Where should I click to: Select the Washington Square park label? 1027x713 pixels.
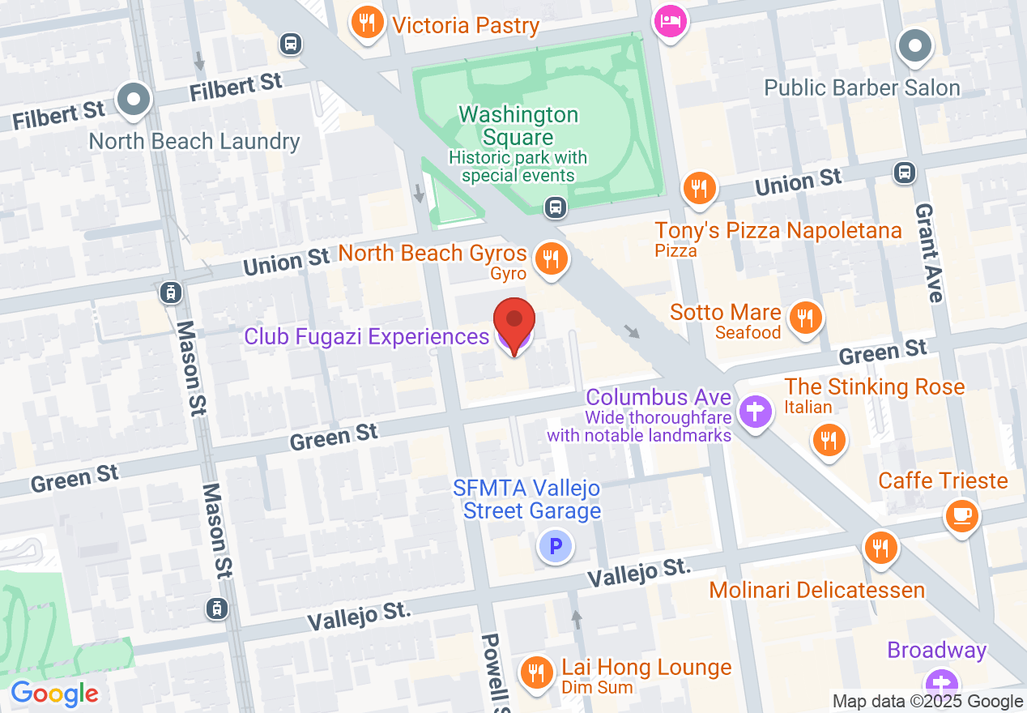pyautogui.click(x=518, y=126)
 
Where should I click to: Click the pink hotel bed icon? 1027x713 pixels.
pyautogui.click(x=671, y=19)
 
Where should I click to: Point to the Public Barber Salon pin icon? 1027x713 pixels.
pyautogui.click(x=916, y=46)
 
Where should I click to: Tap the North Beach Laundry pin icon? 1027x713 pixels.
pyautogui.click(x=134, y=100)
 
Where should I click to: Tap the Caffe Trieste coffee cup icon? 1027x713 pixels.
pyautogui.click(x=961, y=514)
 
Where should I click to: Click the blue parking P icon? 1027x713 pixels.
pyautogui.click(x=556, y=546)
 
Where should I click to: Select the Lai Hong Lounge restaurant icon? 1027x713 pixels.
pyautogui.click(x=535, y=671)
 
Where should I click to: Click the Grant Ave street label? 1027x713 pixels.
pyautogui.click(x=928, y=252)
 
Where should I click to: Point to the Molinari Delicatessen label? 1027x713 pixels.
pyautogui.click(x=816, y=590)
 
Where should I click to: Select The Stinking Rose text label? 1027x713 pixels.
pyautogui.click(x=875, y=386)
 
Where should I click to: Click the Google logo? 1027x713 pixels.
pyautogui.click(x=54, y=694)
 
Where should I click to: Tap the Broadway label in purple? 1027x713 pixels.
pyautogui.click(x=936, y=651)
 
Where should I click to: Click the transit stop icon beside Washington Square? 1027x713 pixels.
pyautogui.click(x=555, y=207)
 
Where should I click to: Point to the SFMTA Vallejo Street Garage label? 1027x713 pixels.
pyautogui.click(x=527, y=499)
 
